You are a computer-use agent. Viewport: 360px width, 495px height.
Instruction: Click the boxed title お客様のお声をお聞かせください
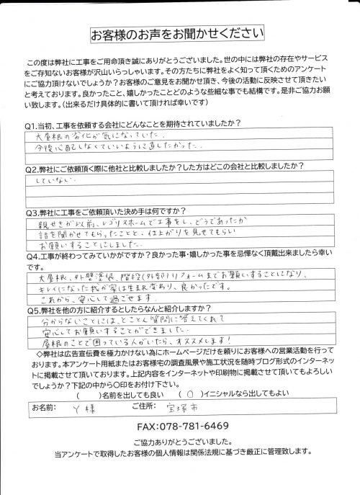coord(180,34)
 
